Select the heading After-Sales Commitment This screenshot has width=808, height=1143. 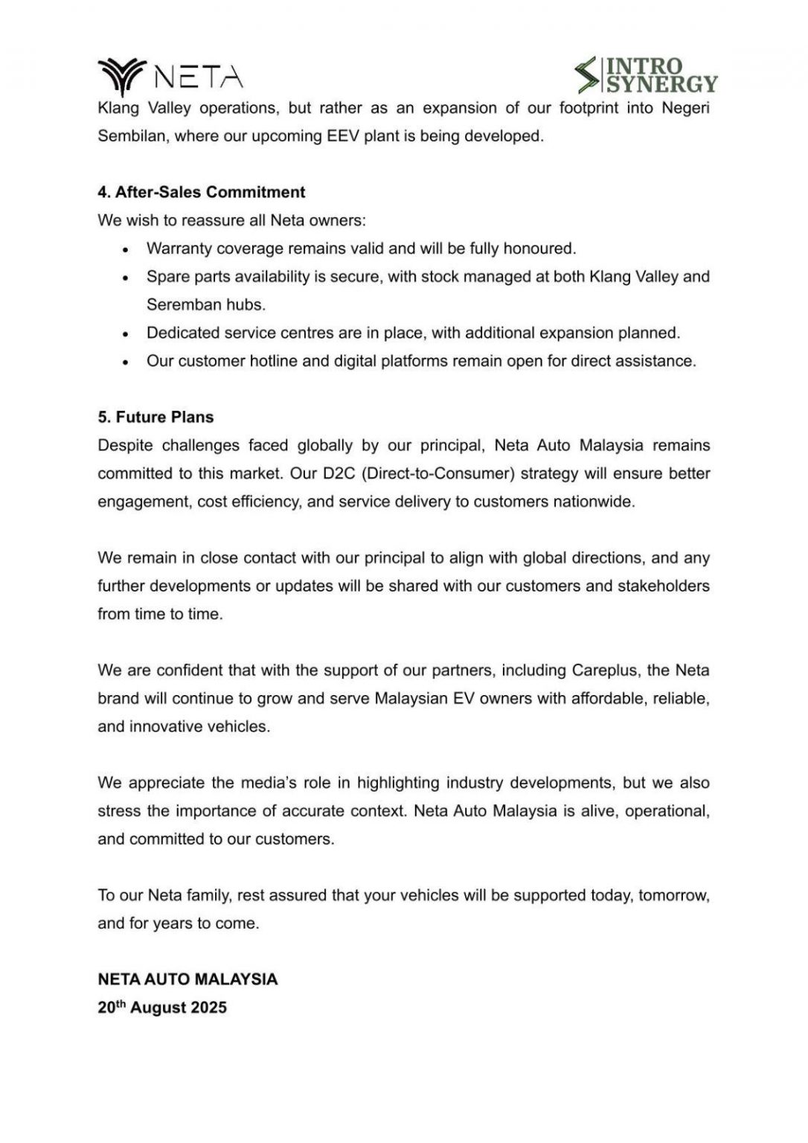(201, 192)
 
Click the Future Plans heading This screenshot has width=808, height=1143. (155, 417)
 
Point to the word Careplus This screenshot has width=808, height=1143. (604, 670)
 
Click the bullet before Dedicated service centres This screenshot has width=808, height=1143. (126, 334)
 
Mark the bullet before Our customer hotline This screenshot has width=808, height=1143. (126, 362)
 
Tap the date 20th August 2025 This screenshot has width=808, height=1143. (162, 1008)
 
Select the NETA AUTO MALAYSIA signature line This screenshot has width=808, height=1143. (187, 979)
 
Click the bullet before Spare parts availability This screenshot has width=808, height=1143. (126, 278)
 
